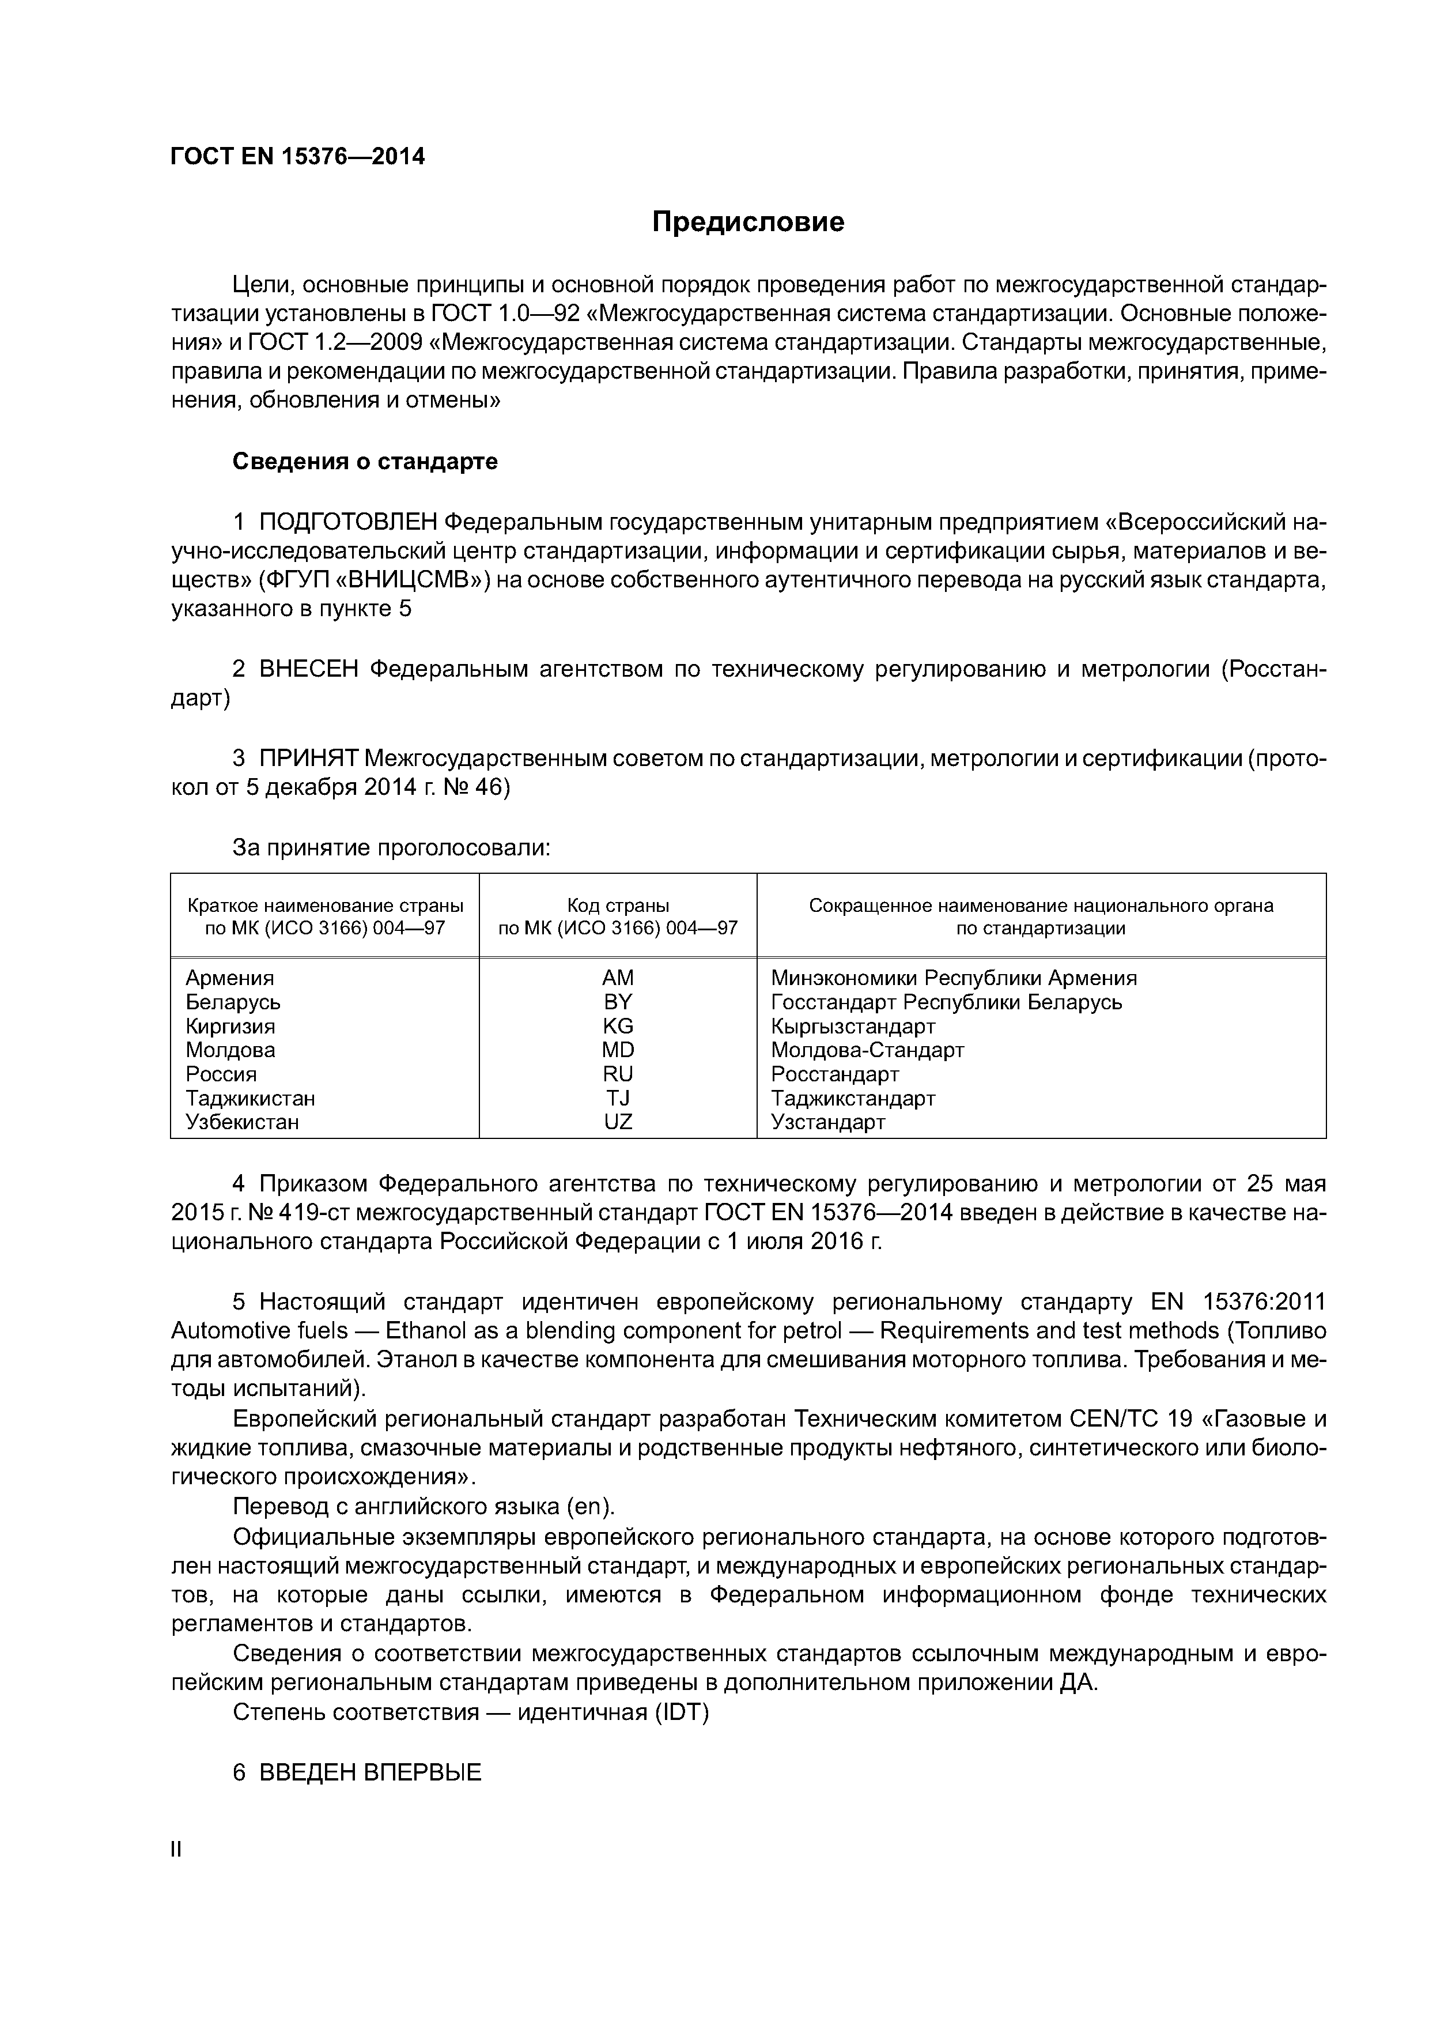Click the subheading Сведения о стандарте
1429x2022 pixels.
tap(365, 462)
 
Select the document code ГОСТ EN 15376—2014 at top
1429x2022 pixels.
tap(297, 157)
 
